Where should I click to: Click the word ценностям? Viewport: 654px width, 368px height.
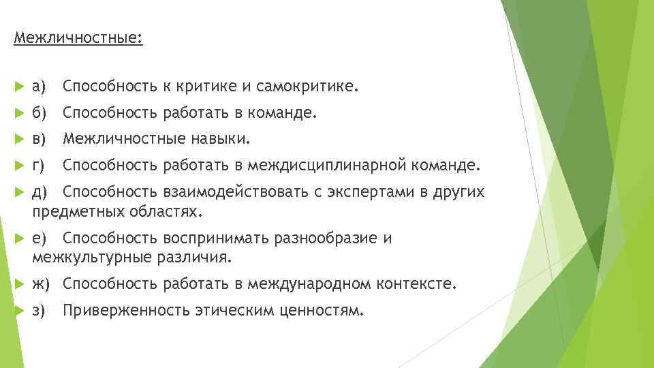tap(321, 311)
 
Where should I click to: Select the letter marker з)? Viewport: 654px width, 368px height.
tap(39, 311)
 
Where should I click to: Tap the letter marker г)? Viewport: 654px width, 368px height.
tap(39, 165)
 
